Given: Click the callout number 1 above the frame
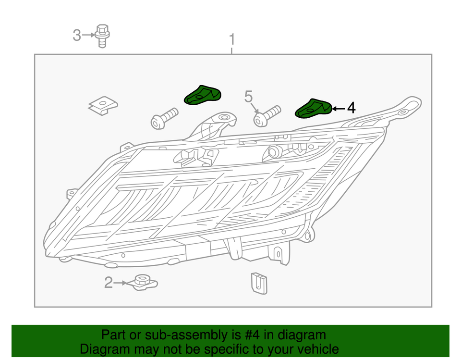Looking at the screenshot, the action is coord(232,39).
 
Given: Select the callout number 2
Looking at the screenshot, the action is coord(109,283).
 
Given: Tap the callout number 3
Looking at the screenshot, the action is coord(77,35).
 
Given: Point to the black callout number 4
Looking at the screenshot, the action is coord(352,108).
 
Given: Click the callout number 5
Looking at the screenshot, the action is coord(248,97).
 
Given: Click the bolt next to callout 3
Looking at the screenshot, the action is coord(102,36).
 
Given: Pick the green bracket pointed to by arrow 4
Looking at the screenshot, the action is coord(314,109).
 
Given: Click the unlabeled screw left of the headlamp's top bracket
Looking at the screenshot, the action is coord(164,118).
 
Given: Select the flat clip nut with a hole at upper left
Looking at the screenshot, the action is coord(103,106).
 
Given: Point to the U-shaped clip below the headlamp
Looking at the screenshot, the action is coord(259,283).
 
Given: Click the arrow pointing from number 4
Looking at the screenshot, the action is coord(339,109).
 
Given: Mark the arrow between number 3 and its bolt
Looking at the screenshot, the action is coord(88,35).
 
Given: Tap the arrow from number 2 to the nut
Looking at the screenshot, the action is coord(121,283).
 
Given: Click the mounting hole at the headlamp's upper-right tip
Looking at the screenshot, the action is coord(403,112).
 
